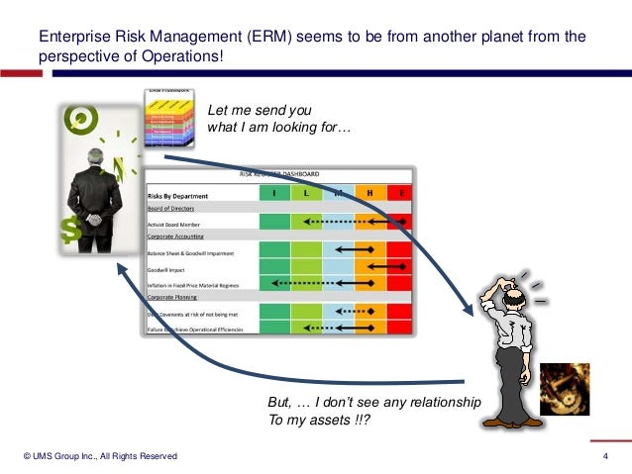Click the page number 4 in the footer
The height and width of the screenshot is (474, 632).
coord(604,455)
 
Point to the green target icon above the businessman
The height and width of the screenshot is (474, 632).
coord(77,121)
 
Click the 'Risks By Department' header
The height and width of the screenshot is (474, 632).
coord(178,195)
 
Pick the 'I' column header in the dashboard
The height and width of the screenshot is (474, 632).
coord(274,193)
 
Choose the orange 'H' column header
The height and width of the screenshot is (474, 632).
coord(370,193)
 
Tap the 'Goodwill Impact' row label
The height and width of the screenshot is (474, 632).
coord(170,268)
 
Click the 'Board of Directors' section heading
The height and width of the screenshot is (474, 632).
coord(170,209)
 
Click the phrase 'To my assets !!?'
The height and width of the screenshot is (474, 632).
coord(318,420)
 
